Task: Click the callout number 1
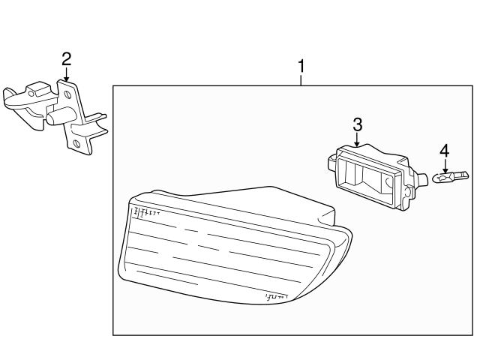point(301,66)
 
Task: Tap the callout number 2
point(67,58)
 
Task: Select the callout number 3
point(358,124)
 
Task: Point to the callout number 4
point(444,151)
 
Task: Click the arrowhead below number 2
point(67,78)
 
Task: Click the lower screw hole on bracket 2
point(76,144)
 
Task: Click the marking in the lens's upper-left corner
point(147,214)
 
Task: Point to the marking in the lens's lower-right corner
point(277,298)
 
